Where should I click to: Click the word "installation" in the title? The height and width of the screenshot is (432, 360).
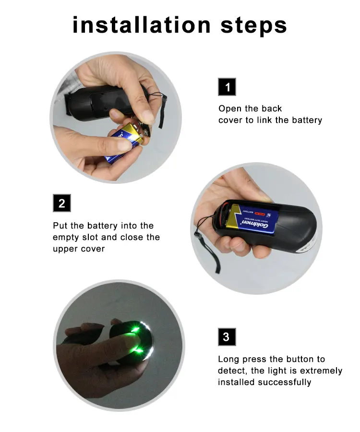tap(142, 25)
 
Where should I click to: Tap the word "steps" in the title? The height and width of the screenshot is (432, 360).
tap(254, 27)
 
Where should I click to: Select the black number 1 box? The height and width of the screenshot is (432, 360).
tap(227, 87)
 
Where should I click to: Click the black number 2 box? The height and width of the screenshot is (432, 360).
tap(62, 203)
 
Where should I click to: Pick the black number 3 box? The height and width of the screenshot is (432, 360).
tap(227, 336)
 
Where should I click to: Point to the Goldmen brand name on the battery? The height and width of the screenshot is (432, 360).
tap(255, 224)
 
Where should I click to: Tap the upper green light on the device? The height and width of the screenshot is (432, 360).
tap(136, 328)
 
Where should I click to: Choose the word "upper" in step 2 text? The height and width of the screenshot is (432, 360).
tap(65, 249)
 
